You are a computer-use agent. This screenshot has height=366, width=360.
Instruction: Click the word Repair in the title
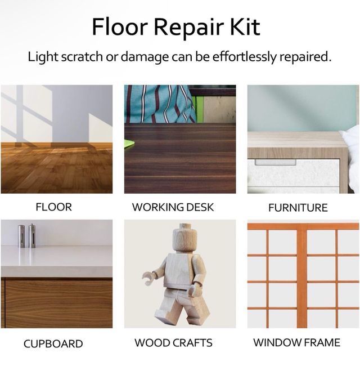point(188,28)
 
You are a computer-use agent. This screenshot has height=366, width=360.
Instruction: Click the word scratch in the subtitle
point(82,57)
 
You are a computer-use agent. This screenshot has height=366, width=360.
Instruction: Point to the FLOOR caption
point(53,207)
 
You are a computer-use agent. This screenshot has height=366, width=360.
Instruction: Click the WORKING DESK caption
point(173,207)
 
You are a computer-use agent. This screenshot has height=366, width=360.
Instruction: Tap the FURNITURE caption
point(298,208)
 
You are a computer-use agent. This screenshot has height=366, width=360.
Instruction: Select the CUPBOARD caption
point(53,344)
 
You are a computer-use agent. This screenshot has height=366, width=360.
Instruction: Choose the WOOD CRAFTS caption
point(173,343)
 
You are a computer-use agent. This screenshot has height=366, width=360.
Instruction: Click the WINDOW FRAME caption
point(296,343)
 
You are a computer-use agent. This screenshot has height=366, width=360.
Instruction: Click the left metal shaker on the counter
point(21,236)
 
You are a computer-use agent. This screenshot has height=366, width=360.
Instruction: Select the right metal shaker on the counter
point(32,236)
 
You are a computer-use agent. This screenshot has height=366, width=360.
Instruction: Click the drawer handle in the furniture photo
point(276,162)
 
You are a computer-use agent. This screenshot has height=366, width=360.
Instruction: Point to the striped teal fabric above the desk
point(160,104)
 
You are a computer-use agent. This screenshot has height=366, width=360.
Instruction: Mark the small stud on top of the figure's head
point(185,226)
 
